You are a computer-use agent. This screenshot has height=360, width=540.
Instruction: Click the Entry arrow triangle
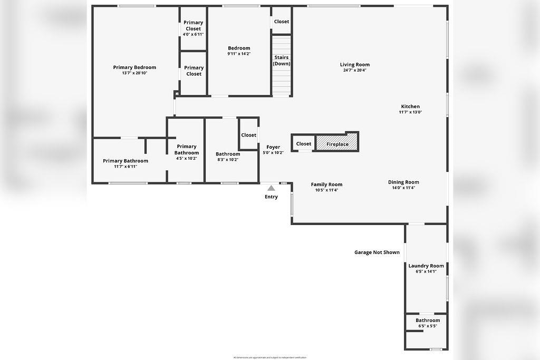click(271, 188)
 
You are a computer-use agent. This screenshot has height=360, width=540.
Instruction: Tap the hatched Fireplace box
click(337, 143)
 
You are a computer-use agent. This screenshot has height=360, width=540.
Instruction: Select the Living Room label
click(355, 65)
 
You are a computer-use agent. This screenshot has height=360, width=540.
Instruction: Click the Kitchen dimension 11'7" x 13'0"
click(410, 112)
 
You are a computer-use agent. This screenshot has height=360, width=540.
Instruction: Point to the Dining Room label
click(403, 182)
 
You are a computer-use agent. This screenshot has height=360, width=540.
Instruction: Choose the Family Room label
click(326, 184)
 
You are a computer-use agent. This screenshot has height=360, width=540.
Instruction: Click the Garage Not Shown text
click(377, 252)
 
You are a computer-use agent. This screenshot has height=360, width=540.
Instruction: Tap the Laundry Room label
click(426, 266)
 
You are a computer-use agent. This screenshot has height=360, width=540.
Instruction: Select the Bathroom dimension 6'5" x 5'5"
click(427, 326)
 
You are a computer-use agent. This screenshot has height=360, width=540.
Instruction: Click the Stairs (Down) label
click(282, 61)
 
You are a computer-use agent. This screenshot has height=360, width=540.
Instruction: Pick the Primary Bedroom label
click(134, 67)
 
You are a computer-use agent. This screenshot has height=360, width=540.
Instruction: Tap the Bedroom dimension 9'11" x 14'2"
click(239, 54)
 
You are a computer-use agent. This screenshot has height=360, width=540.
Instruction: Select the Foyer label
click(273, 147)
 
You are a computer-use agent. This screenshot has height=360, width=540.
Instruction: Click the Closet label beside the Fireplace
click(304, 144)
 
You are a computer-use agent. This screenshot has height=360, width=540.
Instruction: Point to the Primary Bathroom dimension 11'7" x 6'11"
click(126, 167)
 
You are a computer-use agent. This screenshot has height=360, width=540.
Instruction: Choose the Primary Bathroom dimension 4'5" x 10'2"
click(187, 158)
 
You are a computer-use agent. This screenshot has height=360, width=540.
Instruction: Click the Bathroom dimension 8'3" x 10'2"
click(228, 160)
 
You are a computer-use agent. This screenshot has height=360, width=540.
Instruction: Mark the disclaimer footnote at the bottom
click(269, 357)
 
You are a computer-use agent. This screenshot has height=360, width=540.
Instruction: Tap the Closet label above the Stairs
click(282, 22)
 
